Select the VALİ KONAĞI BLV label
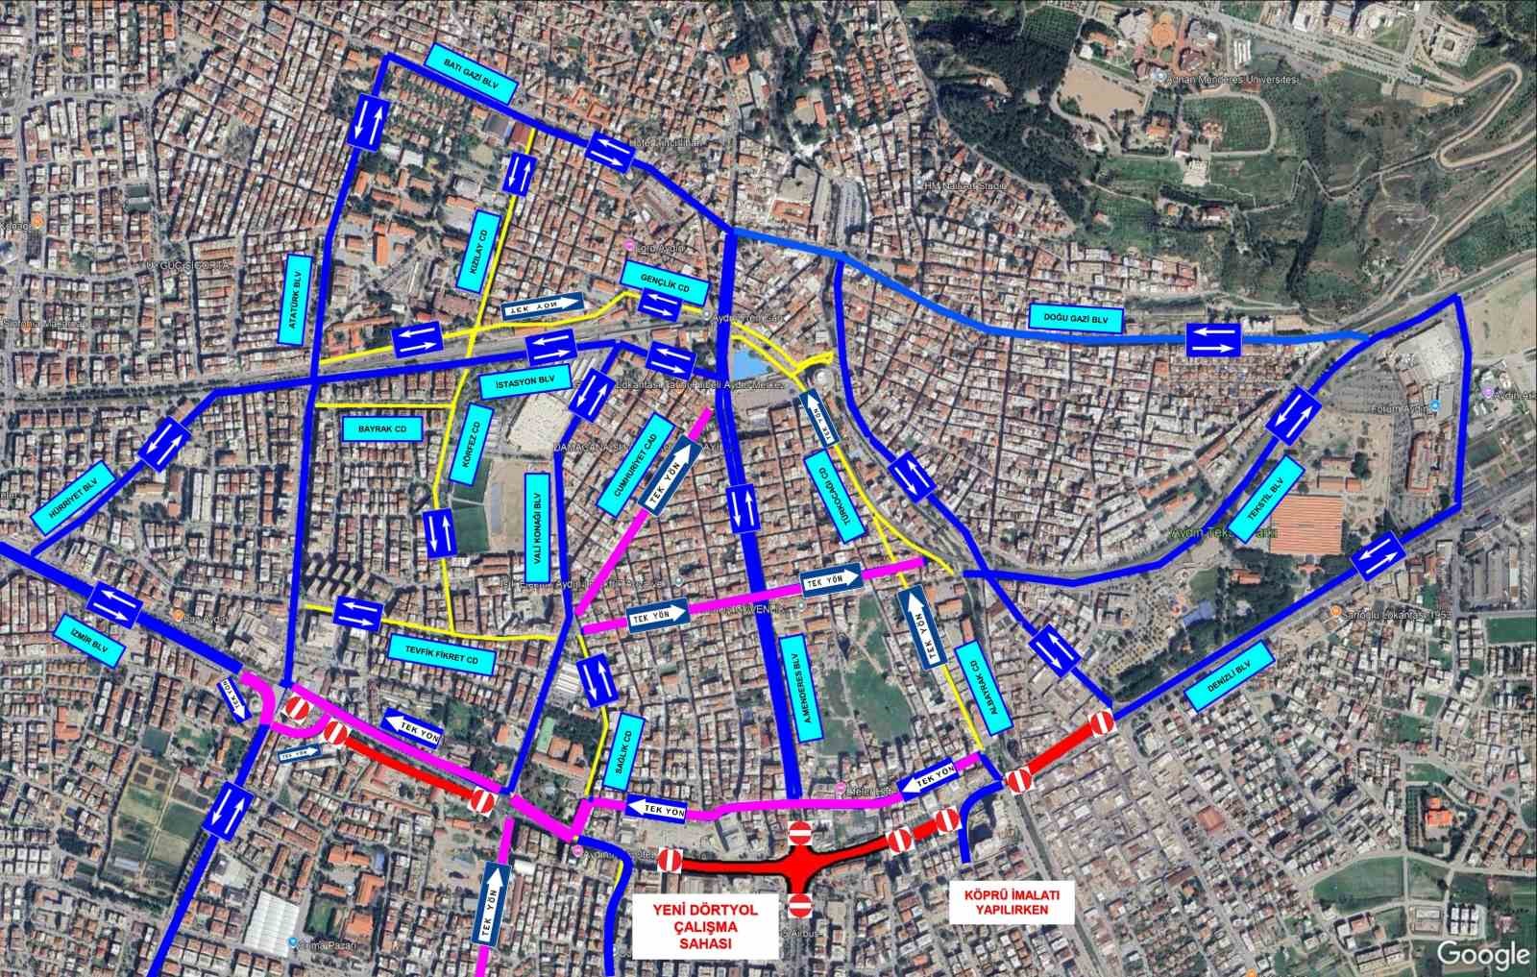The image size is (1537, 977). pyautogui.click(x=538, y=520)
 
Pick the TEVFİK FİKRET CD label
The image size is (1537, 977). pyautogui.click(x=442, y=652)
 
